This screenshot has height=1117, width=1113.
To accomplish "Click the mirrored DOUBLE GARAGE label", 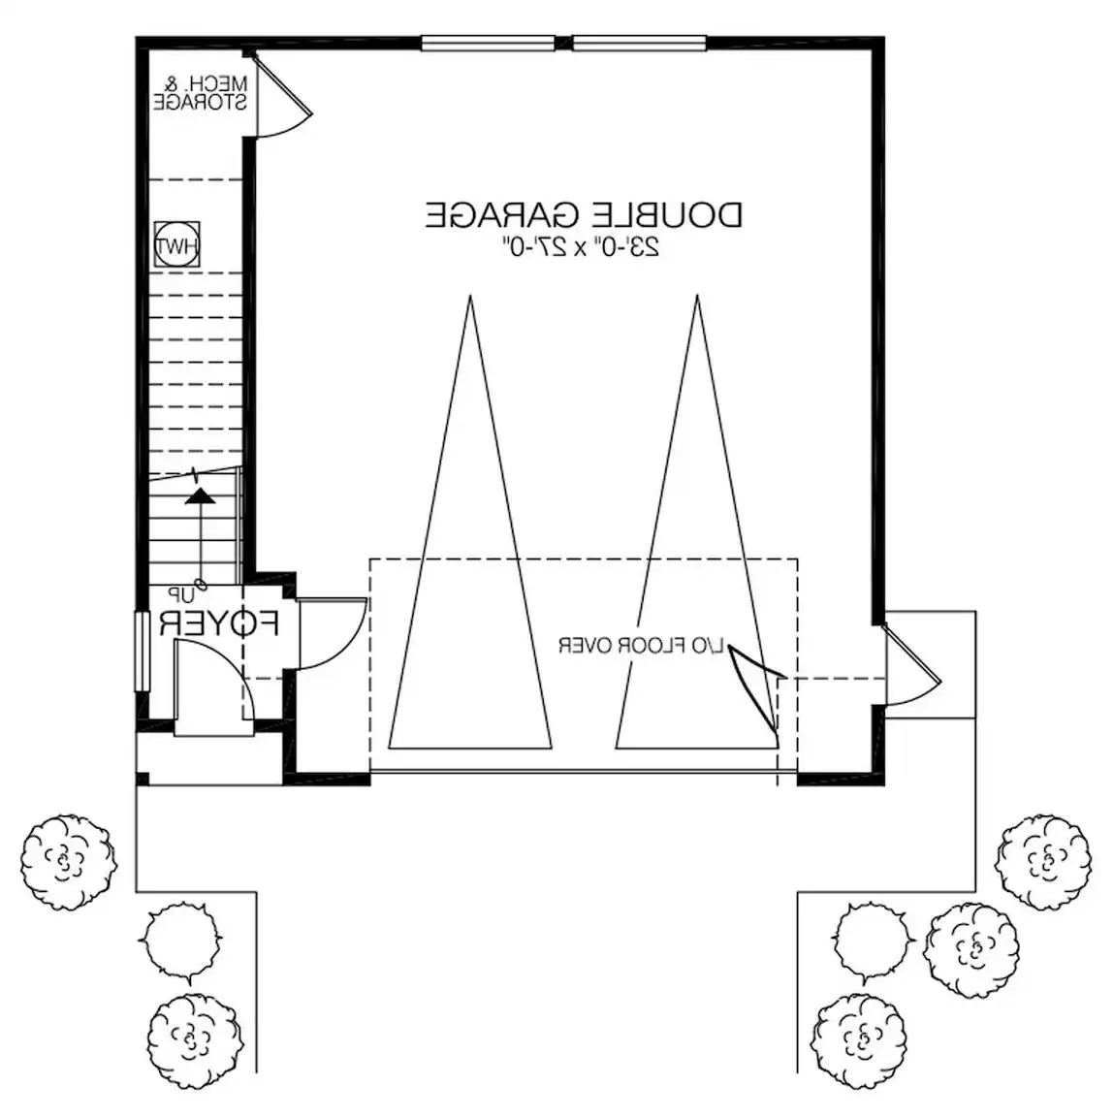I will tap(584, 214).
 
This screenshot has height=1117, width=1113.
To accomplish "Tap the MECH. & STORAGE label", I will tap(201, 93).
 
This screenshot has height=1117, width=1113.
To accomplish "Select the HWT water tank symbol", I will tap(176, 247).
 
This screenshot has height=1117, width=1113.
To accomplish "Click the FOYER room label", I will tap(219, 623).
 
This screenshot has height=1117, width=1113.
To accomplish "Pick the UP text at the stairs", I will tap(181, 592).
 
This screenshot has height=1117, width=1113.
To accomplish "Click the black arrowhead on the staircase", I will tap(201, 495).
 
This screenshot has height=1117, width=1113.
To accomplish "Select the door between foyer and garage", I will tap(330, 635).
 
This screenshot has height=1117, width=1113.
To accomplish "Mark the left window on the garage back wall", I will tap(488, 43).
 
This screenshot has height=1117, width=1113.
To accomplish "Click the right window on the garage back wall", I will tap(639, 43).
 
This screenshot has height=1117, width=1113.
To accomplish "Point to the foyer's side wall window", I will tap(143, 650).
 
